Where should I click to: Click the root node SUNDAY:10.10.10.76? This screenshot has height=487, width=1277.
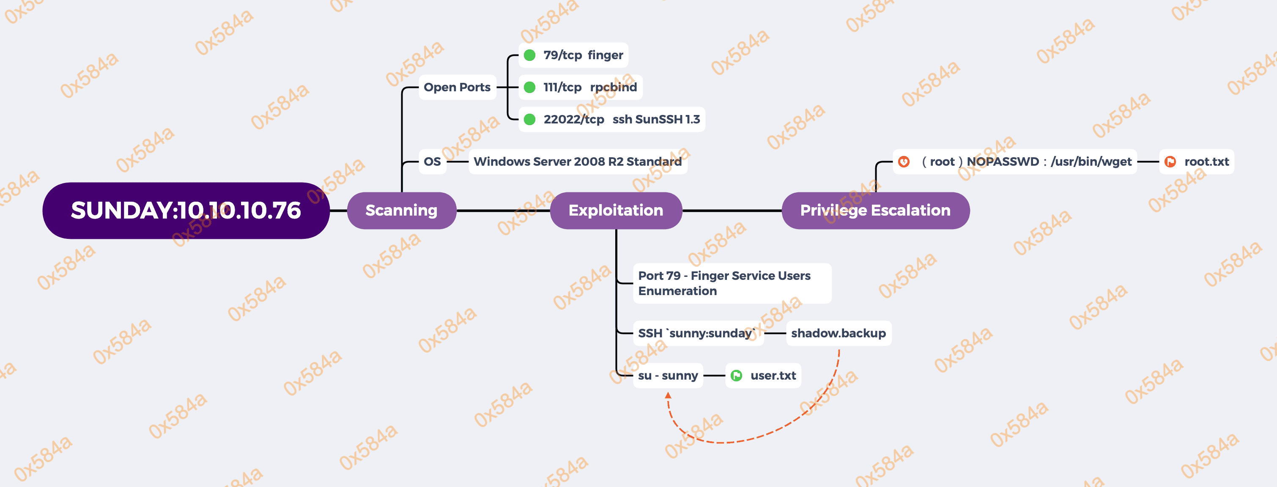pos(186,211)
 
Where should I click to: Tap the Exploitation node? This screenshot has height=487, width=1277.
pos(616,211)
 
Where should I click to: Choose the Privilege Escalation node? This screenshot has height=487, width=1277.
pos(875,211)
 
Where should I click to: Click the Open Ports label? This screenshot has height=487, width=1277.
pos(457,87)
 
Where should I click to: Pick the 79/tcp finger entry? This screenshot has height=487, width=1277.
pos(583,55)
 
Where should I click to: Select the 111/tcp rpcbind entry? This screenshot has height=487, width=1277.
pos(589,87)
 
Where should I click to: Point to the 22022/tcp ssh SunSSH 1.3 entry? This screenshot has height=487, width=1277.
pos(621,119)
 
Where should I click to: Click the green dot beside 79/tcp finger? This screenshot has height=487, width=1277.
pos(529,55)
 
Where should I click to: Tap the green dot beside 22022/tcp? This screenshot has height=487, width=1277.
pos(529,119)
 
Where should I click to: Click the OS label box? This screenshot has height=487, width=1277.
pos(432,161)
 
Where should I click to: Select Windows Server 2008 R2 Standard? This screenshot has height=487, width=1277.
pos(578,161)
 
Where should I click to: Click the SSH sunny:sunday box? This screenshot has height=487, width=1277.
pos(697,333)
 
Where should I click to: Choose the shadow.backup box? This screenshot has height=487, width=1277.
pos(838,333)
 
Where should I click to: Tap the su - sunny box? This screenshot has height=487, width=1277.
pos(668,375)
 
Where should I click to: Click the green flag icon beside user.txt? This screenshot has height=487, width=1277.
pos(737,375)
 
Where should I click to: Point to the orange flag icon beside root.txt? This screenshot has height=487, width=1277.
pos(1170,161)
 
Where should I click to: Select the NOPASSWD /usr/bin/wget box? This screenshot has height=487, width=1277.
pos(1026,161)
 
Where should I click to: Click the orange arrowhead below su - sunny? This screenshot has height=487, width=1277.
pos(668,395)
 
